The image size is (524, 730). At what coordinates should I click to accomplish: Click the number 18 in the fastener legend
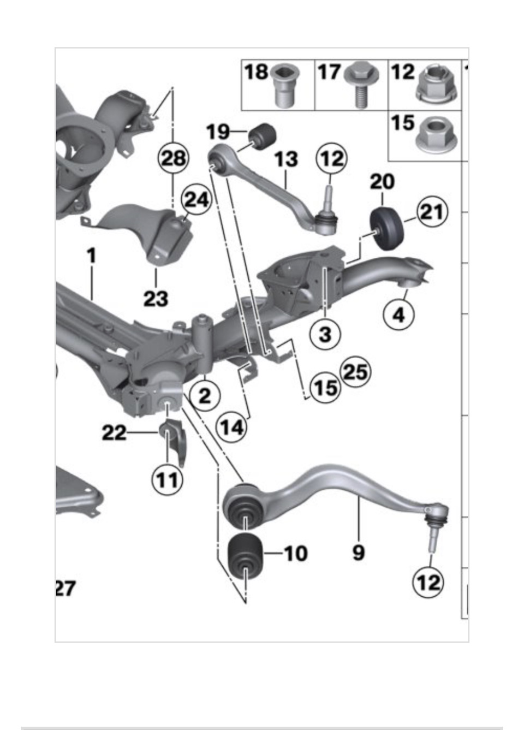pos(256,72)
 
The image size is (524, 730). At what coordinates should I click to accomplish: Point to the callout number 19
pos(218,132)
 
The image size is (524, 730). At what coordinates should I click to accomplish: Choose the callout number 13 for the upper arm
pos(285,159)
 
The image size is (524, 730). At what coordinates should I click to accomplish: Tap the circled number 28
pos(173,159)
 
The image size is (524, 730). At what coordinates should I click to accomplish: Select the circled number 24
pos(196,200)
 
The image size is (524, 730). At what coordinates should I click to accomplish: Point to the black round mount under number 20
pos(386,229)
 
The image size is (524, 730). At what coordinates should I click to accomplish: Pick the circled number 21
pos(432,212)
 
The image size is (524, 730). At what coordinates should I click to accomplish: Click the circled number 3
pos(325,333)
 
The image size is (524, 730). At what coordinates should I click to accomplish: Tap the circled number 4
pos(399,315)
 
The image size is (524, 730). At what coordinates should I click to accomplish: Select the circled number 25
pos(355,372)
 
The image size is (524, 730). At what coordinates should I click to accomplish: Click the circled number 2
pos(205,395)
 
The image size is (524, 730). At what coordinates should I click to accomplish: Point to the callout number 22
pos(114,433)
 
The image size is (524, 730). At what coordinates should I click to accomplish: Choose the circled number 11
pos(167,480)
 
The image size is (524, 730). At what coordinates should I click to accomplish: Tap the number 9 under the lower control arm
pos(358,552)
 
